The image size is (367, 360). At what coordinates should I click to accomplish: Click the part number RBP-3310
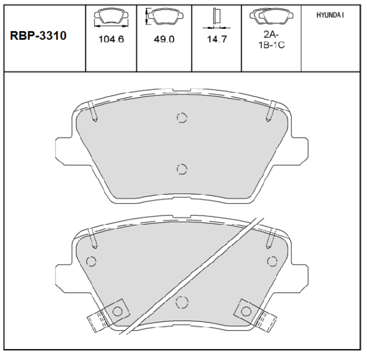(38, 36)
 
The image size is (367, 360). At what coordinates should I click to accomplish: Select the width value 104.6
(111, 39)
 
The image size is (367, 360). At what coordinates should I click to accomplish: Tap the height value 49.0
(164, 39)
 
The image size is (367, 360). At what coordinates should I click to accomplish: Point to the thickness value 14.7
(217, 39)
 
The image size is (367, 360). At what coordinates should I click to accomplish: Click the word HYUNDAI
(330, 15)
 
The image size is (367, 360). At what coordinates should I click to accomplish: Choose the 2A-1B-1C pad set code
(272, 40)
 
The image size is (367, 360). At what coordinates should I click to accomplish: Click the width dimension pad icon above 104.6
(111, 17)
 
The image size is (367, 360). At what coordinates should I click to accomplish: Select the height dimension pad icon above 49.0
(165, 16)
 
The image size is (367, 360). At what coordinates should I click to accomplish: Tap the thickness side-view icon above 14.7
(217, 19)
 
